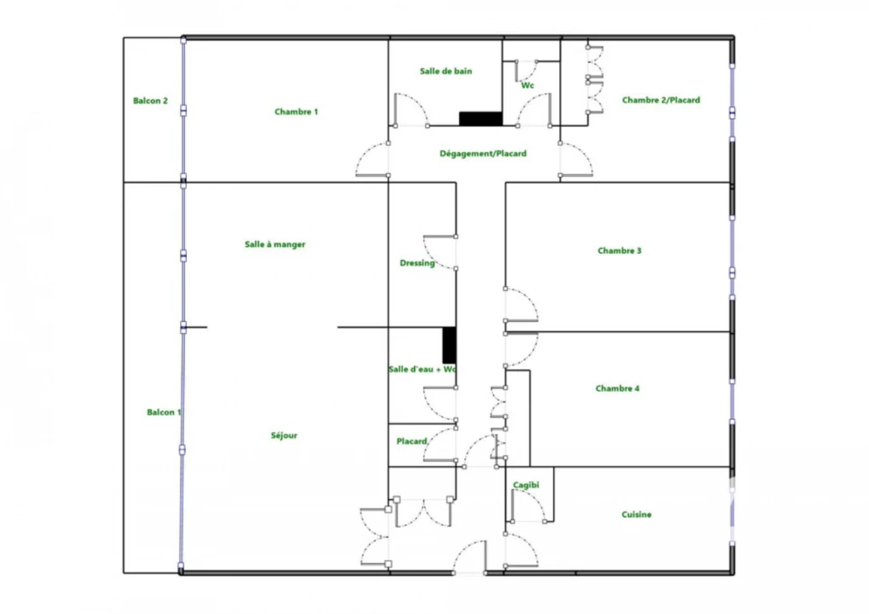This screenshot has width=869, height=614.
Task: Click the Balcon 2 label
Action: pyautogui.click(x=150, y=100)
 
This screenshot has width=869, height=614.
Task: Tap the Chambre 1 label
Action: pyautogui.click(x=296, y=111)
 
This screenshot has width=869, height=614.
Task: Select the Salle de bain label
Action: pyautogui.click(x=446, y=71)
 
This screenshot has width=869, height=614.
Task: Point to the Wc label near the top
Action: pyautogui.click(x=528, y=86)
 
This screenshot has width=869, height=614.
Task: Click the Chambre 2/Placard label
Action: pyautogui.click(x=661, y=100)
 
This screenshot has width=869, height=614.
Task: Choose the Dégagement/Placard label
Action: pyautogui.click(x=483, y=154)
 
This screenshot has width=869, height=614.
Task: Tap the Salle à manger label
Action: pyautogui.click(x=275, y=245)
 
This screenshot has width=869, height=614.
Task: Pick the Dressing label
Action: pyautogui.click(x=418, y=263)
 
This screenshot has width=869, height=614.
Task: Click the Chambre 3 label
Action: pyautogui.click(x=620, y=251)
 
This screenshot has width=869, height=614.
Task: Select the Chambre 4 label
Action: pyautogui.click(x=618, y=388)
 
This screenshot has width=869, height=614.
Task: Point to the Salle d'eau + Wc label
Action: pyautogui.click(x=423, y=369)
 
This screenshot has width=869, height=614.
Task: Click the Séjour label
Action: pyautogui.click(x=283, y=436)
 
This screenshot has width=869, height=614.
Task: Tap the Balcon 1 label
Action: pyautogui.click(x=164, y=412)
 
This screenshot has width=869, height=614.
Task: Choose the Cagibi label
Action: pyautogui.click(x=526, y=485)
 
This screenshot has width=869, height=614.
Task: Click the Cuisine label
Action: pyautogui.click(x=636, y=514)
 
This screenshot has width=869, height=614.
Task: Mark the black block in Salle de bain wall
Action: pyautogui.click(x=480, y=119)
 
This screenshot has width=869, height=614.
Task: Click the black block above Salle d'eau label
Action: pyautogui.click(x=450, y=346)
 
